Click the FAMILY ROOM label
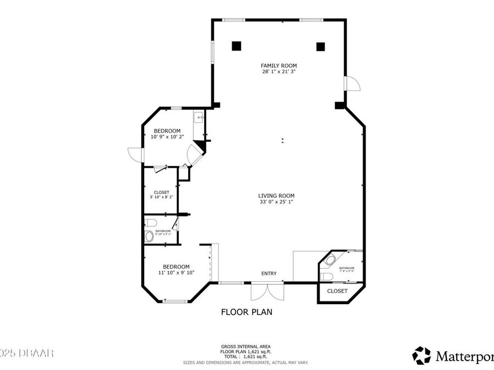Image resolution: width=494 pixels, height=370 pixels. coord(279,66)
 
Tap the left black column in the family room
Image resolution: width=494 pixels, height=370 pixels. coord(236,46)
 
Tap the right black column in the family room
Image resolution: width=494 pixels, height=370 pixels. coord(321,46)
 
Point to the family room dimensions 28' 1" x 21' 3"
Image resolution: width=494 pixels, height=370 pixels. coord(279,72)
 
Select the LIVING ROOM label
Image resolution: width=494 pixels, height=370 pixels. coord(277,196)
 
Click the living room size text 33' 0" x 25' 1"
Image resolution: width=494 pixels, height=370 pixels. coord(277,202)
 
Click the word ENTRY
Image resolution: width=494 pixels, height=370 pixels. coord(269,274)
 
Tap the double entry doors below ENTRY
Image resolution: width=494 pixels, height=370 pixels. coord(267,291)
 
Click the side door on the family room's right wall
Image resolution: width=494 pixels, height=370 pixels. coord(351,83)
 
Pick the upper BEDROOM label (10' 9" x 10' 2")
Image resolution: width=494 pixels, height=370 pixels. coord(167,131)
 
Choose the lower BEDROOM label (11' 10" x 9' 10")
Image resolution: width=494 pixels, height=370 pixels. coord(176,266)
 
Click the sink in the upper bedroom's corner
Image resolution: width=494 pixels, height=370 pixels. coord(198,117)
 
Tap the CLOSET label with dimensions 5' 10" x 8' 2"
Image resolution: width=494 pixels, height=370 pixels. coord(161,192)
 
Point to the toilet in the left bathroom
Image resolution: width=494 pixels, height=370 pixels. coord(150,223)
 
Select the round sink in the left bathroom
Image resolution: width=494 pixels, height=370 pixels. coord(149,237)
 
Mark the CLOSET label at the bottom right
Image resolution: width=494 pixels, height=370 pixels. coord(337,291)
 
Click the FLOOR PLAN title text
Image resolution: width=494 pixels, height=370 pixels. coord(246,312)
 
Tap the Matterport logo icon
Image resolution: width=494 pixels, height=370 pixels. coord(422,355)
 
